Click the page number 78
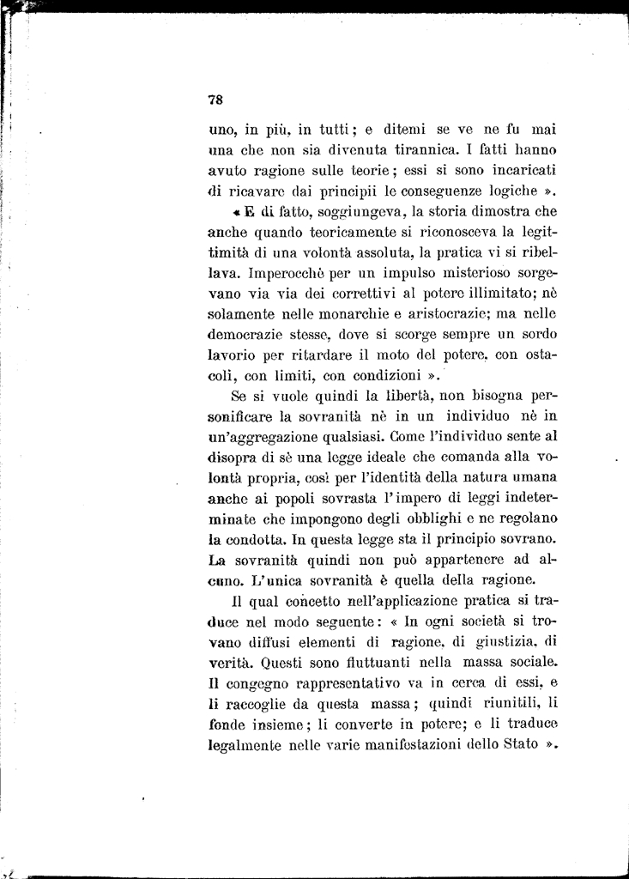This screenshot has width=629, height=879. (x=215, y=99)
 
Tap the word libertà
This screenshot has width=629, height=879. (x=396, y=397)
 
